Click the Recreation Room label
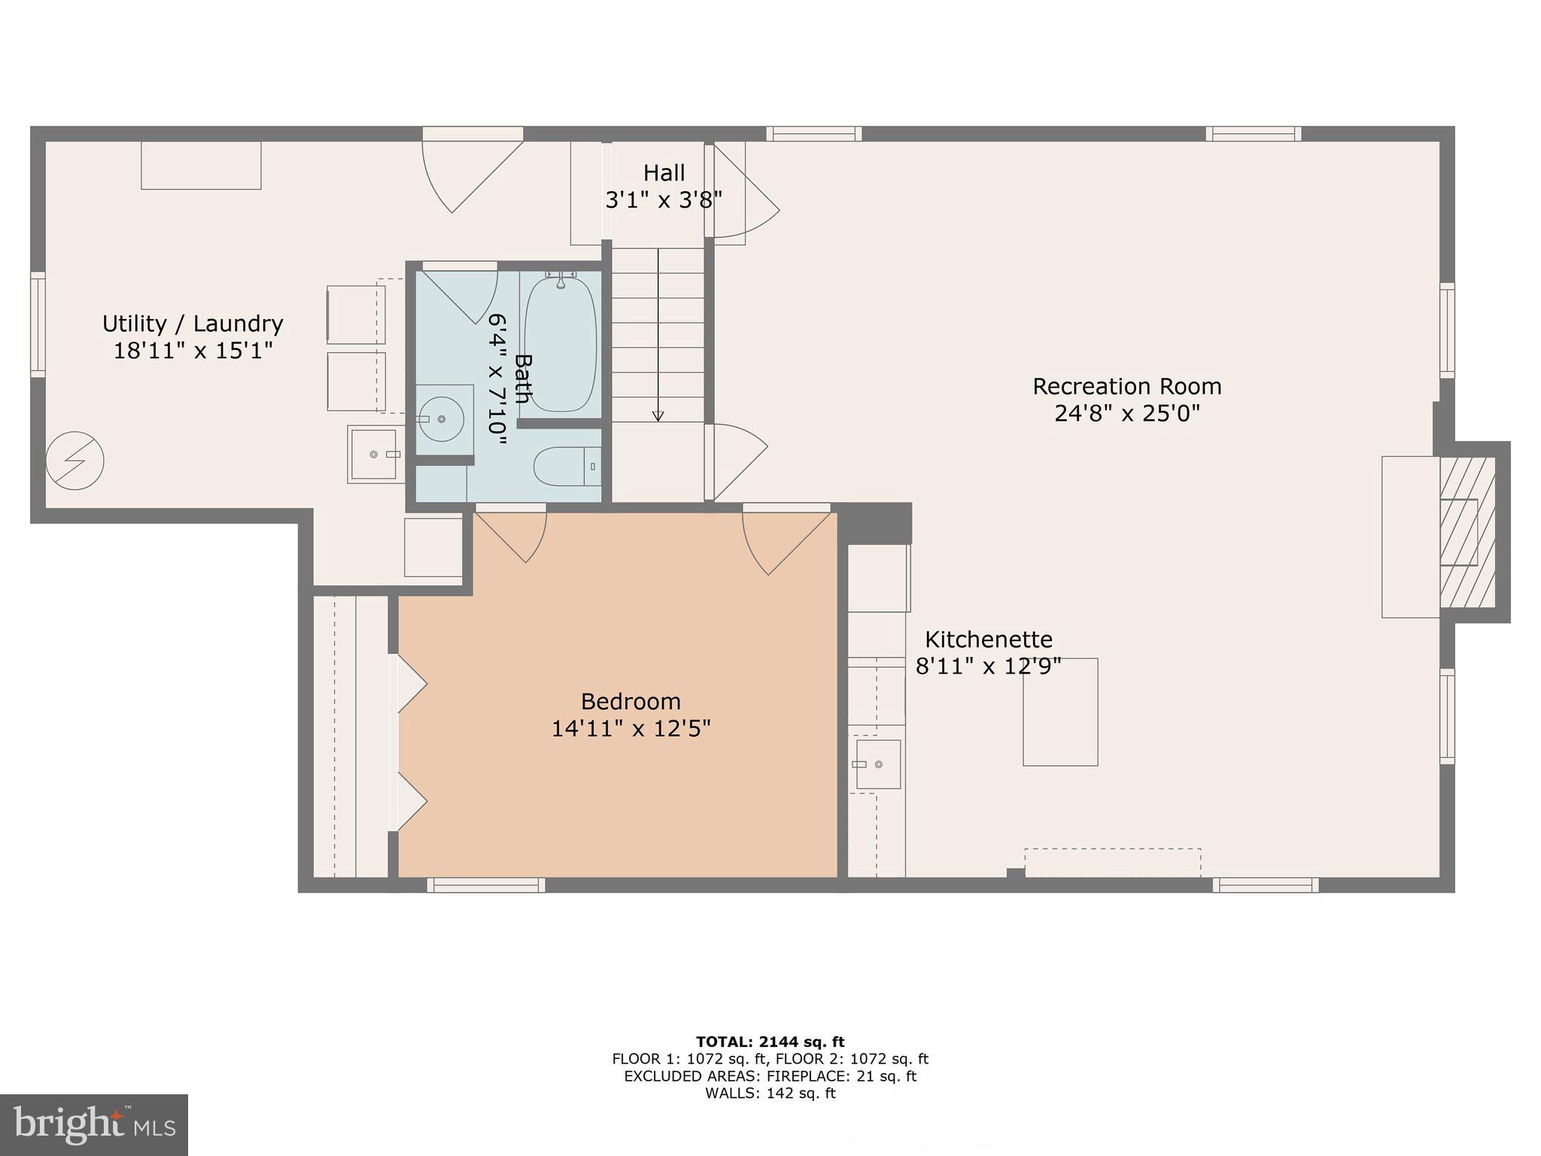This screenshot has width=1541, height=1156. click(1126, 387)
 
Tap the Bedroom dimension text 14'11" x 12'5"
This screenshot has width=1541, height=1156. click(631, 729)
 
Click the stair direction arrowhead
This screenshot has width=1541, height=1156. click(658, 416)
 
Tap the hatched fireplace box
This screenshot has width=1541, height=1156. click(1467, 532)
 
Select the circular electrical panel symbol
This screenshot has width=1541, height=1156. click(74, 461)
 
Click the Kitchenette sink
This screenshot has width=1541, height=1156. click(877, 764)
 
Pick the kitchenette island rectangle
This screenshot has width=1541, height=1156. click(1059, 712)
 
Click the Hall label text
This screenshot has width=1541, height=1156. click(664, 173)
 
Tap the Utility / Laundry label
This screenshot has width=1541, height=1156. click(193, 324)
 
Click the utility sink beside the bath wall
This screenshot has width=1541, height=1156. click(373, 454)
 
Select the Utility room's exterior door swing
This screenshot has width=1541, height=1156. click(467, 173)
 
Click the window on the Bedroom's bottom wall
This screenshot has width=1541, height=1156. click(486, 885)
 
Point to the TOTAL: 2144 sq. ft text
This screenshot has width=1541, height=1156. click(770, 1042)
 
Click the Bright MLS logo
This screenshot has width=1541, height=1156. click(93, 1124)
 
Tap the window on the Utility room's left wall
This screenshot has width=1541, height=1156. click(38, 324)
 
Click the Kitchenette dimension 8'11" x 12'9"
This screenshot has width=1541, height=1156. click(988, 666)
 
